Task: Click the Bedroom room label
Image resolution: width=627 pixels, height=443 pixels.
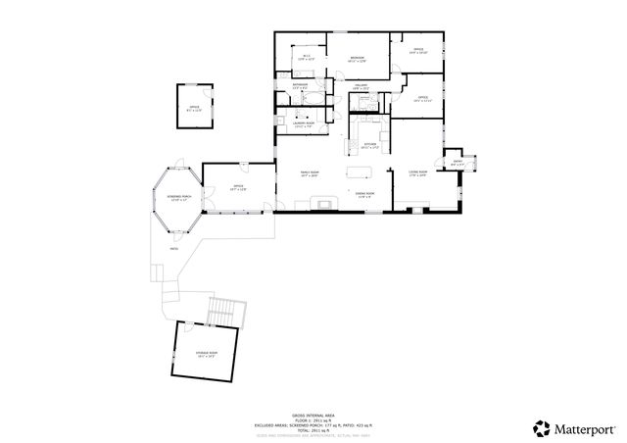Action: point(358,59)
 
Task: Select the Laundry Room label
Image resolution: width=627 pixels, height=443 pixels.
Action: point(304,123)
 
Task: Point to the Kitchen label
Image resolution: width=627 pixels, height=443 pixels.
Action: point(370,145)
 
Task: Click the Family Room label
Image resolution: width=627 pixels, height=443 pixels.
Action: point(310,173)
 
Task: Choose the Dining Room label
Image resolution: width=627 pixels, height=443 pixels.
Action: point(364,194)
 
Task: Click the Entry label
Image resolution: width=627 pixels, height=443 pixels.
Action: point(458,164)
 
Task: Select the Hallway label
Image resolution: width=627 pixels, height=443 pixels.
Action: point(360,86)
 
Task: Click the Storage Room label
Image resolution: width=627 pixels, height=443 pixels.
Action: point(207,353)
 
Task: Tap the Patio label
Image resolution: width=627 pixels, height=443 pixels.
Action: point(173,249)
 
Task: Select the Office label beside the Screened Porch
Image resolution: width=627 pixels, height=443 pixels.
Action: point(238,186)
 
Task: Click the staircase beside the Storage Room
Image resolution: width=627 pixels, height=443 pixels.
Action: point(224,310)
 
